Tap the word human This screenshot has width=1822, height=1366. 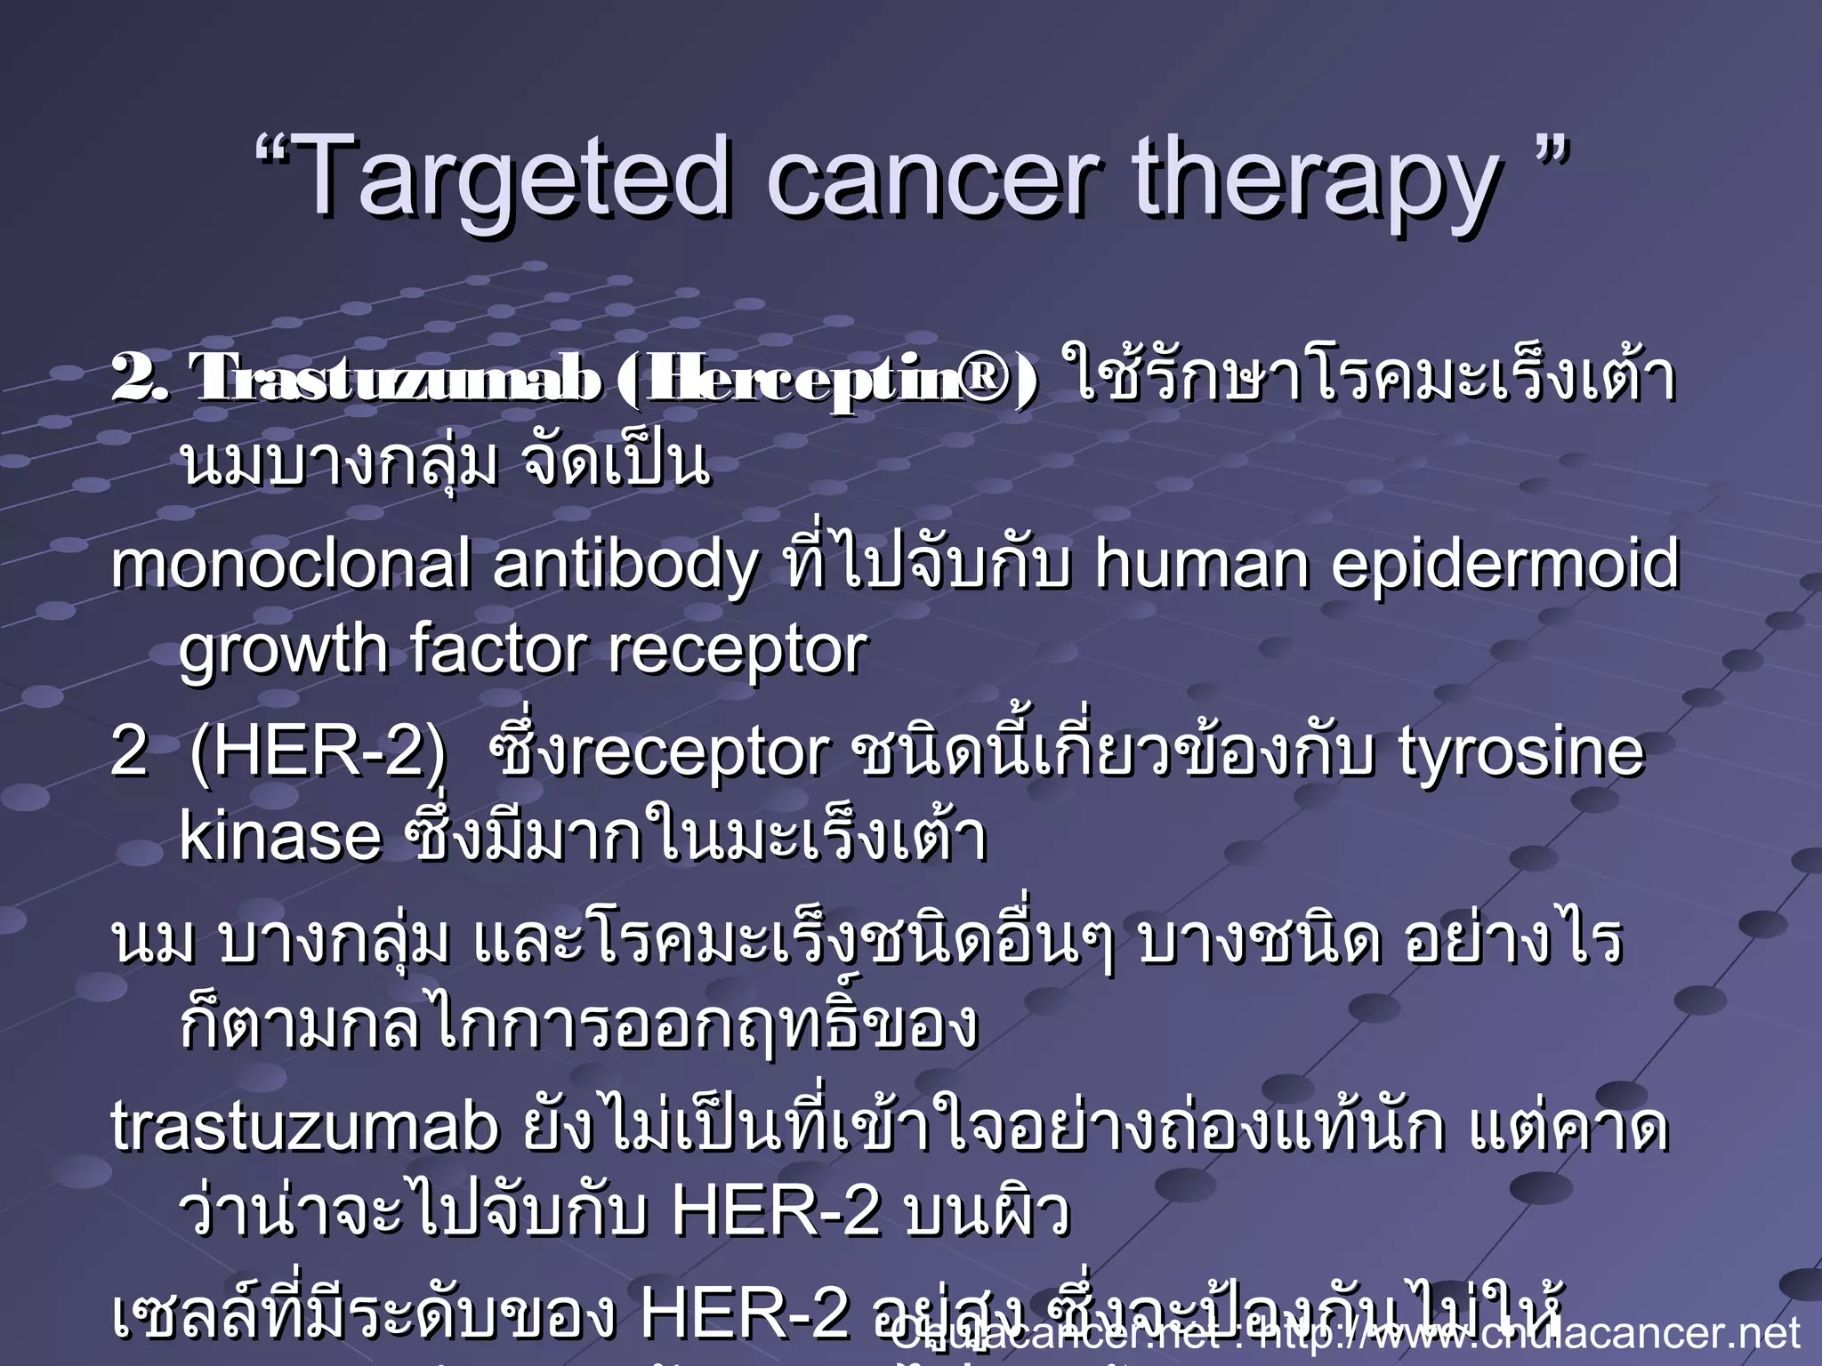pyautogui.click(x=1201, y=566)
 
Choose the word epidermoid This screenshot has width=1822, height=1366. pyautogui.click(x=1504, y=566)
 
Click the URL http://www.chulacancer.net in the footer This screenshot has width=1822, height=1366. pyautogui.click(x=1530, y=1333)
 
